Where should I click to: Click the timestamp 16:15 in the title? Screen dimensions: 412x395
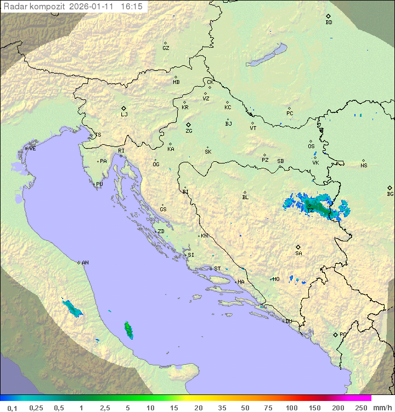pos(132,6)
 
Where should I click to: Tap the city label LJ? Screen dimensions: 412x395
pos(124,115)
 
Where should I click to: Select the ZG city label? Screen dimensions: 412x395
pos(189,131)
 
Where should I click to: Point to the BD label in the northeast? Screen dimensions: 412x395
pos(329,22)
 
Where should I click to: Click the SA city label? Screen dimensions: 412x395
pos(298,253)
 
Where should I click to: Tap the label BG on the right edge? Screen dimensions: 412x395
pos(390,194)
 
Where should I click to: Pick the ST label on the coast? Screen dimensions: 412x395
pos(217,269)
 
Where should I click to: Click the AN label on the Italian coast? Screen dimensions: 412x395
pos(85,263)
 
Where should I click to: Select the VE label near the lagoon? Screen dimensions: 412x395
pos(32,149)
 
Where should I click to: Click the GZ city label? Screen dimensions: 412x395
pos(166,48)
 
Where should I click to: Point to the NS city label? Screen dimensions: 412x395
pos(364,166)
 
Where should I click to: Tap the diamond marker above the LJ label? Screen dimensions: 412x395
pos(124,108)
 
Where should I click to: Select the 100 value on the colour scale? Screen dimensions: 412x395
pos(291,408)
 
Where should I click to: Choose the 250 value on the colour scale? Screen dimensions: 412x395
pos(360,408)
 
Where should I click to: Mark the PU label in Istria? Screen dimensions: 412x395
pos(99,185)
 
